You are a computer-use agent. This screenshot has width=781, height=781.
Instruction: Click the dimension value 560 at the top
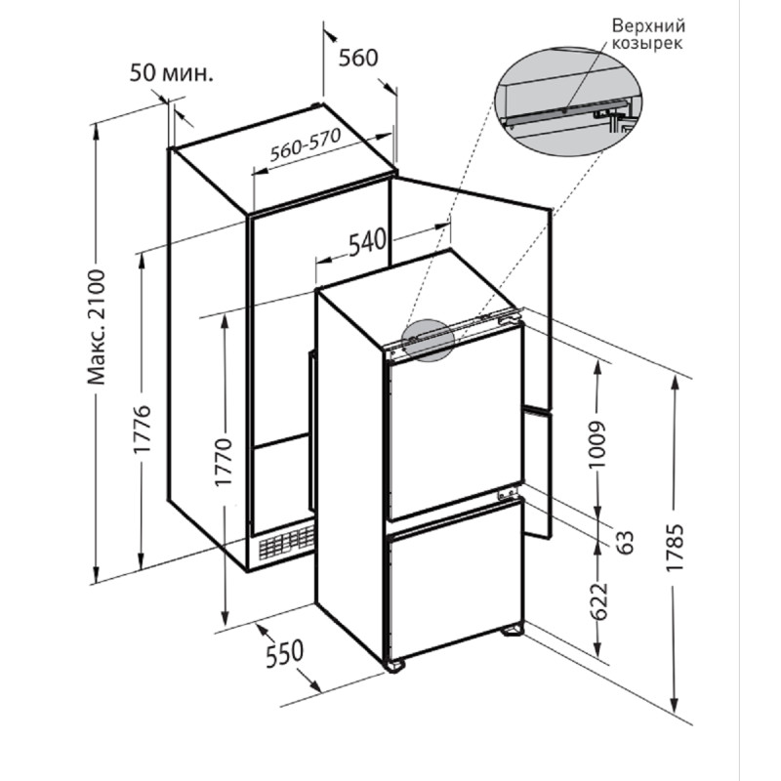pos(358,58)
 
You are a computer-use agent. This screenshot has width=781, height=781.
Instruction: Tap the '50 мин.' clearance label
pos(172,73)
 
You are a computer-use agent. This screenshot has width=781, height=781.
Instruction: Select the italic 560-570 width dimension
pos(306,145)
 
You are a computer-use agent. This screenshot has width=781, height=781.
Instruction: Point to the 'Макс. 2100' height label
pos(97,327)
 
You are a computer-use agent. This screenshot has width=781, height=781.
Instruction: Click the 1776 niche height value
pos(142,429)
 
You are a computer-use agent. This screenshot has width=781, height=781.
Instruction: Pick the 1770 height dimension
pos(224,462)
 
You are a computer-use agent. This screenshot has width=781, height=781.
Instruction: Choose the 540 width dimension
pos(367,242)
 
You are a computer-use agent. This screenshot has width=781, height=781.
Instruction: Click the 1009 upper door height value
pos(596,445)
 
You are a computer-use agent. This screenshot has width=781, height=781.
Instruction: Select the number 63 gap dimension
pos(625,542)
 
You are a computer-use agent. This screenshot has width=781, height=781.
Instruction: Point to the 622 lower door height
pos(599,600)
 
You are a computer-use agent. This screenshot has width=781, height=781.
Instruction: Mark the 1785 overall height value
pos(678,547)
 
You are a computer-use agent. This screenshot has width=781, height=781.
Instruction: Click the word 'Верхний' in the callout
pos(648,25)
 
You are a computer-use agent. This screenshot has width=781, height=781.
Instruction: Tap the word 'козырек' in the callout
pos(647,44)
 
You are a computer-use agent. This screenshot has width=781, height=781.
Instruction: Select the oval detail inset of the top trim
pos(568,103)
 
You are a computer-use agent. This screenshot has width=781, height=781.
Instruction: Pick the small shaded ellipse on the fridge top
pos(428,340)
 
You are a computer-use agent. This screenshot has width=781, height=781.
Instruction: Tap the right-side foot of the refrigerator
pos(514,631)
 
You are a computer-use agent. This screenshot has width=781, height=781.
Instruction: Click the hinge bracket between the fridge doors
pos(507,494)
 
